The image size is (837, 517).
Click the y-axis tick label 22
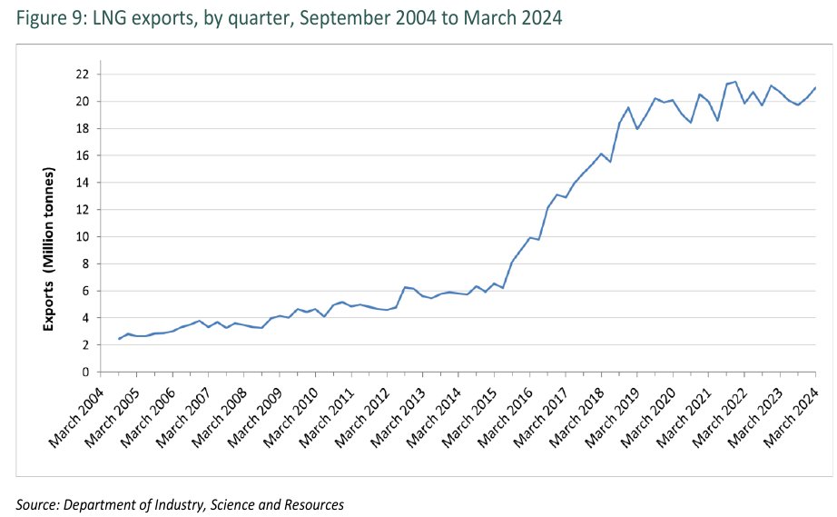point(82,74)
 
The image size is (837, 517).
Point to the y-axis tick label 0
point(84,372)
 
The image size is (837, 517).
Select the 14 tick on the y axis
point(82,183)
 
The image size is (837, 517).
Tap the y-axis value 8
point(84,263)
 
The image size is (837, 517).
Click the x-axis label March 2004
point(76,413)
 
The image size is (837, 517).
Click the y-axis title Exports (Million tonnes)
point(52,236)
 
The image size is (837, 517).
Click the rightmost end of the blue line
point(816,88)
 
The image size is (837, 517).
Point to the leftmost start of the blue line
point(119,339)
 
